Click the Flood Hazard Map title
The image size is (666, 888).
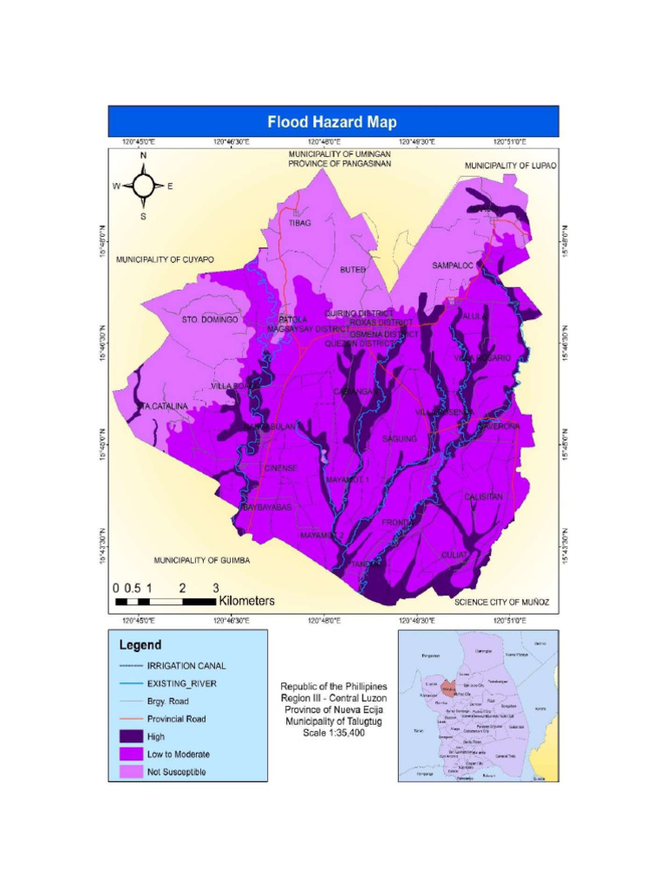tap(332, 122)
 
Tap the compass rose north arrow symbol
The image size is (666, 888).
tap(144, 185)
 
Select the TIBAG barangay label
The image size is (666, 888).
tap(299, 223)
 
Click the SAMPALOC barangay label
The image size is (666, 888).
tap(453, 265)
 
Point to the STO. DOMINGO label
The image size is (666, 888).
tap(210, 320)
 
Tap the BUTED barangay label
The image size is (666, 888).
tap(352, 270)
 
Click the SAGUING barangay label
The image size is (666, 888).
tap(400, 439)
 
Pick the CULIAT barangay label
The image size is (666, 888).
tap(454, 554)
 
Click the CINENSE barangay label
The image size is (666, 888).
tap(281, 468)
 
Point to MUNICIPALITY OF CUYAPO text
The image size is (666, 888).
tap(165, 259)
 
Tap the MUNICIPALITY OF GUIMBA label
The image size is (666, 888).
tap(202, 560)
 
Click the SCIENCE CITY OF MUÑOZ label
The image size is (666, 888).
tap(502, 601)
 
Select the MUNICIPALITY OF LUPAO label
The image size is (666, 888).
tap(510, 166)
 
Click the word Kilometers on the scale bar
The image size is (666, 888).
tap(246, 600)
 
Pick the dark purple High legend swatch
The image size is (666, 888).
tap(129, 736)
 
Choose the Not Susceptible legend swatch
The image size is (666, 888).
tap(129, 771)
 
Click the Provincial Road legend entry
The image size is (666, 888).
tap(176, 719)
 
